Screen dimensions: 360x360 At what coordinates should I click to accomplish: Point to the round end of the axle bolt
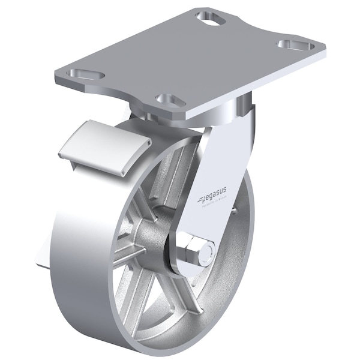[x=206, y=253]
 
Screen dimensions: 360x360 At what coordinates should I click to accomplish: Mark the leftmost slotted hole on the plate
[x=86, y=75]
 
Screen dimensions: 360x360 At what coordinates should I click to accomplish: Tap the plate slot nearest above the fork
[x=170, y=100]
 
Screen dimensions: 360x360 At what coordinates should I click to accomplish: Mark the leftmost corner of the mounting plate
[x=54, y=78]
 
